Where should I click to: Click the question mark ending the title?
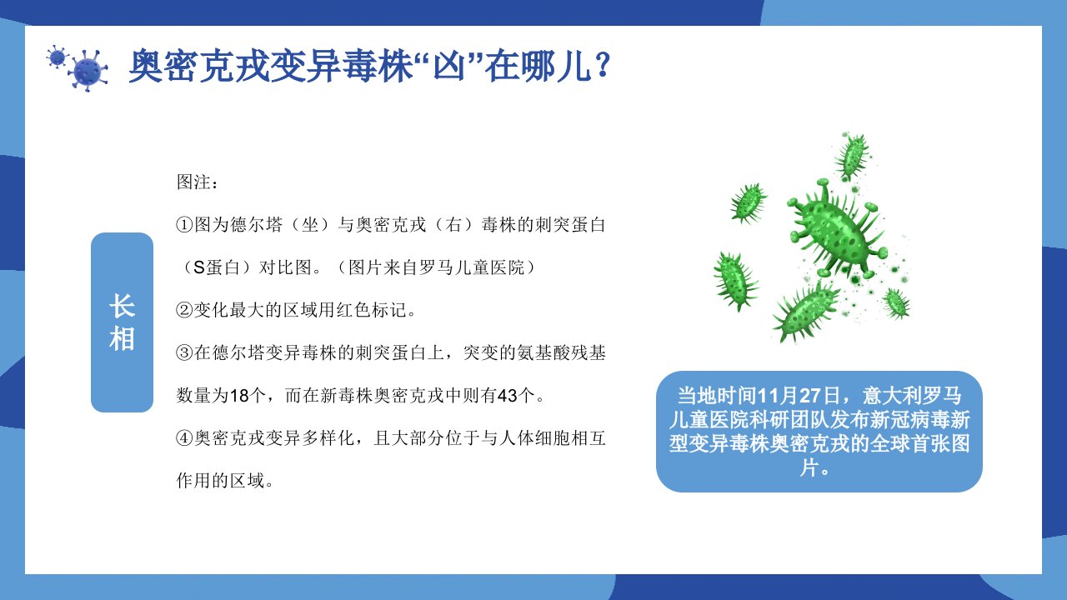pyautogui.click(x=602, y=65)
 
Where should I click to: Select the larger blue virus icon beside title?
pyautogui.click(x=88, y=71)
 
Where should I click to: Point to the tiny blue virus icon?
pyautogui.click(x=58, y=57)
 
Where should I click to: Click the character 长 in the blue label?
pyautogui.click(x=122, y=306)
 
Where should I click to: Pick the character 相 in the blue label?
pyautogui.click(x=122, y=339)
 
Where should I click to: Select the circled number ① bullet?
pyautogui.click(x=185, y=225)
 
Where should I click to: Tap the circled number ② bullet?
pyautogui.click(x=185, y=311)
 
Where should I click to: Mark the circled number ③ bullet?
pyautogui.click(x=185, y=352)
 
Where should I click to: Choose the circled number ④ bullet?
pyautogui.click(x=185, y=438)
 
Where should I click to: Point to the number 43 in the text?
pyautogui.click(x=507, y=396)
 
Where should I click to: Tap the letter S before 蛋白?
pyautogui.click(x=199, y=267)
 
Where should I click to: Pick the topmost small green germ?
pyautogui.click(x=853, y=155)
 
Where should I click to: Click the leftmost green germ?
pyautogui.click(x=735, y=282)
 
